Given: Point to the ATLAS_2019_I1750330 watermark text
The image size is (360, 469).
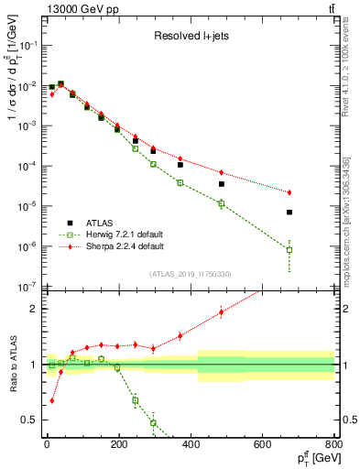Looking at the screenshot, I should click(191, 274).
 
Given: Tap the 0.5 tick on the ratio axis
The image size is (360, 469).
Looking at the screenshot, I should click(31, 420).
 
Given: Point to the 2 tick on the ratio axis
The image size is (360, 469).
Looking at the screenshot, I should click(35, 309).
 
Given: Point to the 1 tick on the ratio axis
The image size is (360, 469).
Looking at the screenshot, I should click(35, 365).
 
